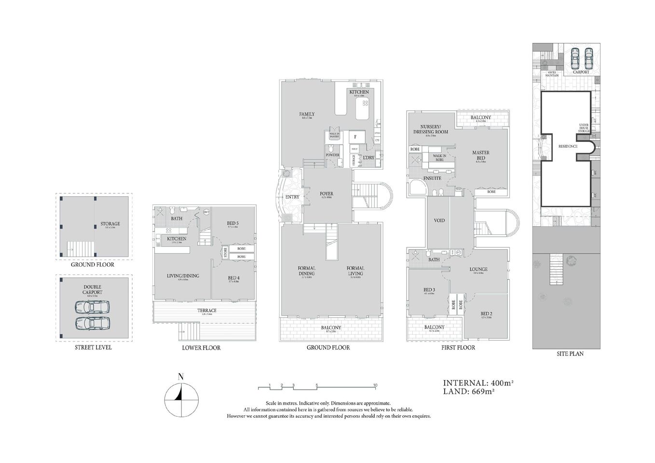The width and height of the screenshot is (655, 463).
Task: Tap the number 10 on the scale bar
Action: (375, 385)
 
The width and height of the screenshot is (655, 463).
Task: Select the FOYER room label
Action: (327, 194)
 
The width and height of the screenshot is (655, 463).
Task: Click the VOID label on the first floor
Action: (439, 220)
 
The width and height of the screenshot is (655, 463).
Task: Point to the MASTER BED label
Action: (480, 155)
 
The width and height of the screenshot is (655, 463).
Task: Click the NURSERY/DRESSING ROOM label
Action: (430, 129)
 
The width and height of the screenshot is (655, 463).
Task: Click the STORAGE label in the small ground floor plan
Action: (110, 224)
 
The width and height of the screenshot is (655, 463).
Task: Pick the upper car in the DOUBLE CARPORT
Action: (92, 307)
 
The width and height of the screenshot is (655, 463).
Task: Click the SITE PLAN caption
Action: (567, 354)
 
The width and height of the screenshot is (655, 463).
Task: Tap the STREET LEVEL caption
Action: (94, 347)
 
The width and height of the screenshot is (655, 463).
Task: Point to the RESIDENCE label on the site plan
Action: (568, 146)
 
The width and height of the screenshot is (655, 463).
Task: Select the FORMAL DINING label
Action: (306, 271)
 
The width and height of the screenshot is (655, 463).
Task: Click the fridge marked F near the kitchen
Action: (355, 136)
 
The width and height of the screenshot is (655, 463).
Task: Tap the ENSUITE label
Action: (432, 178)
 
